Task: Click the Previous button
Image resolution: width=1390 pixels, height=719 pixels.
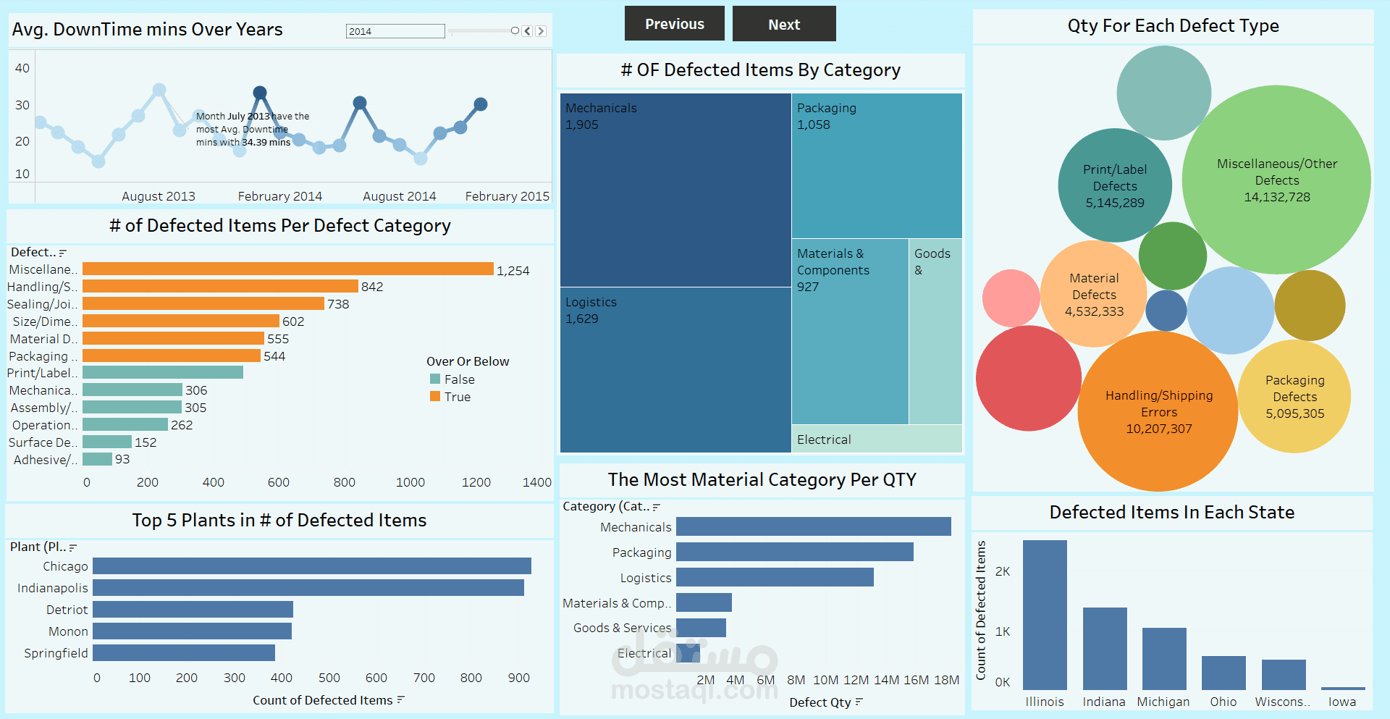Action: pos(674,24)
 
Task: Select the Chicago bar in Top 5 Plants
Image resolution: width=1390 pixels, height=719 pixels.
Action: pos(311,566)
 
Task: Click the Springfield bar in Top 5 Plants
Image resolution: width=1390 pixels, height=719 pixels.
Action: pos(184,653)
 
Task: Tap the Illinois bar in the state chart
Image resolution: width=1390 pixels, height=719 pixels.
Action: pos(1045,615)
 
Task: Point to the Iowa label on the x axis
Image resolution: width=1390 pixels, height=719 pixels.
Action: pos(1341,702)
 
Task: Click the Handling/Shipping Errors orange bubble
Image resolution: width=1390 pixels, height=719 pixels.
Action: pos(1158,411)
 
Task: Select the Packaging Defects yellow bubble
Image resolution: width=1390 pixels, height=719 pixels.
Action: pos(1294,397)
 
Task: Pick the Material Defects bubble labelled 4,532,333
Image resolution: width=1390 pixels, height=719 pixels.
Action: pos(1094,294)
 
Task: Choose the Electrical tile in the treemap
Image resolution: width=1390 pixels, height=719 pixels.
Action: pos(876,439)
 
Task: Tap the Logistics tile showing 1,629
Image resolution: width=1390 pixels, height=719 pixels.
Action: pos(675,369)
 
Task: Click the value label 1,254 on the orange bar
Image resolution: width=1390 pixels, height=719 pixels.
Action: pos(513,271)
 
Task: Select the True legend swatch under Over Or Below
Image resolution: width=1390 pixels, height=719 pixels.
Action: pos(435,397)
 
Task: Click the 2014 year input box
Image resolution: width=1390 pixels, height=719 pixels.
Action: pos(395,31)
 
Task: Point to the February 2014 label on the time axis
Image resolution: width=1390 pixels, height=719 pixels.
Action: pos(279,196)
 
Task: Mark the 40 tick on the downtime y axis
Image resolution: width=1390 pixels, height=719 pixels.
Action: pos(22,68)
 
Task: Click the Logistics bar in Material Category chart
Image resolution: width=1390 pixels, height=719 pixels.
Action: pos(775,577)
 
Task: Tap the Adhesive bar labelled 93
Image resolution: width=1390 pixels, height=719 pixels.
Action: pos(97,459)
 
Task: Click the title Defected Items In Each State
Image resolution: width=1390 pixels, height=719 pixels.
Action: pos(1171,513)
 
